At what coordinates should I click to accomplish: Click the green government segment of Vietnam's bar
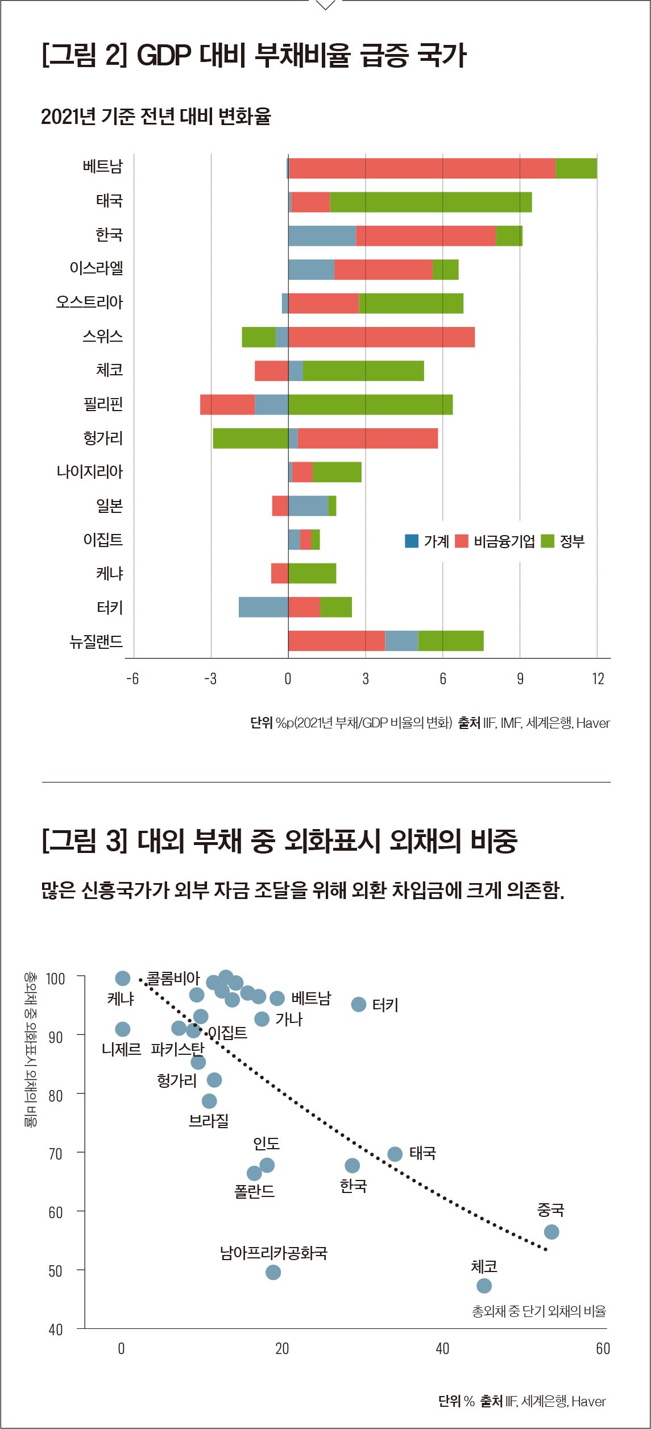tap(576, 168)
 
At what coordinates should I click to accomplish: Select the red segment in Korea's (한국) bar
tap(426, 236)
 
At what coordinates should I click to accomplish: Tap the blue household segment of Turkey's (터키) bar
tap(263, 607)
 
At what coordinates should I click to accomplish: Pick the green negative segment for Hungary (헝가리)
tap(250, 438)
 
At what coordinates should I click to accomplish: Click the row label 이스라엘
tap(96, 268)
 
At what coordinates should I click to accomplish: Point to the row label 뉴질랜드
tap(96, 641)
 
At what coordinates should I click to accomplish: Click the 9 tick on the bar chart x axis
tap(520, 679)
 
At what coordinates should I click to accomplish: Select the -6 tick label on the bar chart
tap(132, 679)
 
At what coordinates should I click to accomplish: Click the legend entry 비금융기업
tap(504, 541)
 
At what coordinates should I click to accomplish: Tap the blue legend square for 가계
tap(412, 541)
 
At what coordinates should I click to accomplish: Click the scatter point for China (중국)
tap(551, 1232)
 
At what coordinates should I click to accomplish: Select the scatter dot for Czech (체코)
tap(484, 1286)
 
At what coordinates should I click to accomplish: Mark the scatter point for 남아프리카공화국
tap(273, 1272)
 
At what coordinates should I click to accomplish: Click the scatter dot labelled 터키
tap(358, 1004)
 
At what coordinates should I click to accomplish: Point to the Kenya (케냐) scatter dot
tap(123, 978)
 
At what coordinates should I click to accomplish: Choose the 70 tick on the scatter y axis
tap(56, 1154)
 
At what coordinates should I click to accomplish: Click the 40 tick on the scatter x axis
tap(442, 1348)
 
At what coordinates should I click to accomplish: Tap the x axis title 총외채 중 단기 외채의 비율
tap(538, 1311)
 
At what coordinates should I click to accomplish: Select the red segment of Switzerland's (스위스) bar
tap(381, 337)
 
